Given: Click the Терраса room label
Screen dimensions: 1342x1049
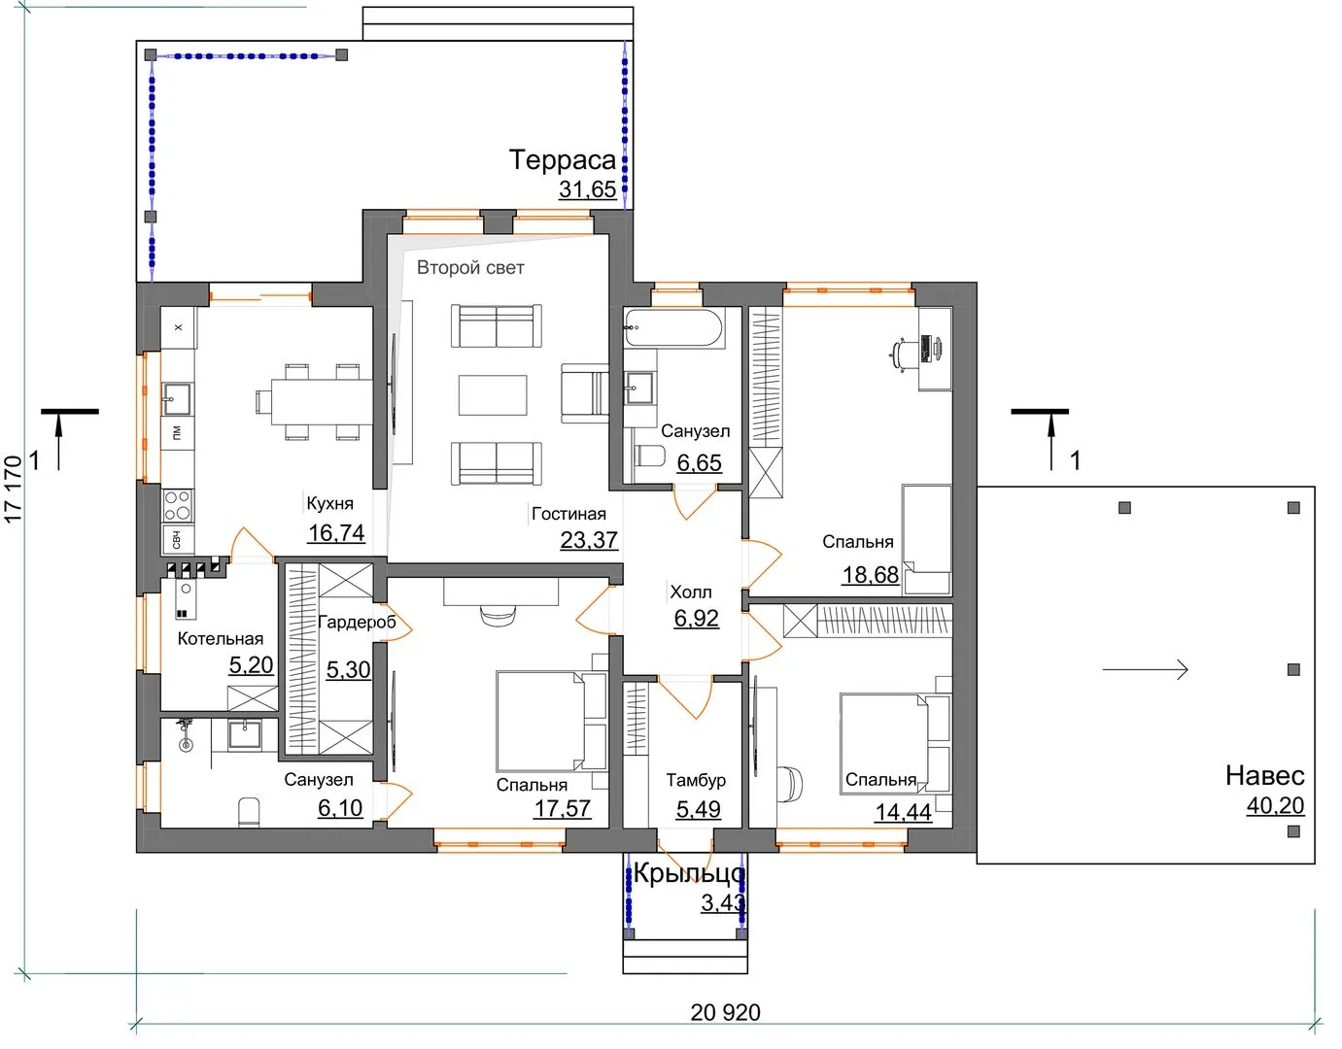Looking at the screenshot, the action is (562, 160).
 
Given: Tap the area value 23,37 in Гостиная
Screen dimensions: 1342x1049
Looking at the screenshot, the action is (589, 540).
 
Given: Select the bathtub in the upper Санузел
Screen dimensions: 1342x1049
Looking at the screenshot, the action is (672, 327).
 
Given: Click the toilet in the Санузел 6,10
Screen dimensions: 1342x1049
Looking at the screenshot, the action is (249, 813).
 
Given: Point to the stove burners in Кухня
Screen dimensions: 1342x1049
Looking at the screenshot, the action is (178, 505).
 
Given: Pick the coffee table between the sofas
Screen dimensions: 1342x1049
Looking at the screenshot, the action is (493, 395).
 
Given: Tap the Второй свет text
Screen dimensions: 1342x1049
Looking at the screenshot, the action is (470, 267).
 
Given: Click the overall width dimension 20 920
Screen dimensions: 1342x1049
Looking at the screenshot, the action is (725, 1013).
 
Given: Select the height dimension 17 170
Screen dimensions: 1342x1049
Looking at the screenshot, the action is (13, 490).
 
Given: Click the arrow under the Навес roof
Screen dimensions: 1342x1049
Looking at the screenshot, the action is (1145, 669).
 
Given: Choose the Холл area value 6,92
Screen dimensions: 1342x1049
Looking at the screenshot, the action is (696, 618).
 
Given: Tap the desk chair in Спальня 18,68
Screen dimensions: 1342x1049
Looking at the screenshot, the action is (901, 355).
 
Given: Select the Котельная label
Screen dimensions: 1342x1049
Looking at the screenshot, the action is (221, 639).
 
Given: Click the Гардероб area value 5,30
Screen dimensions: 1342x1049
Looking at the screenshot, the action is (348, 669).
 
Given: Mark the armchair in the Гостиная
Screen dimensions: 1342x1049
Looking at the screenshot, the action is (584, 393).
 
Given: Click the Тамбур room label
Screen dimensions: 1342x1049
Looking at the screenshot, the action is (696, 780).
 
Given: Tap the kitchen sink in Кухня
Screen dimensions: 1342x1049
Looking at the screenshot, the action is (177, 398).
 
